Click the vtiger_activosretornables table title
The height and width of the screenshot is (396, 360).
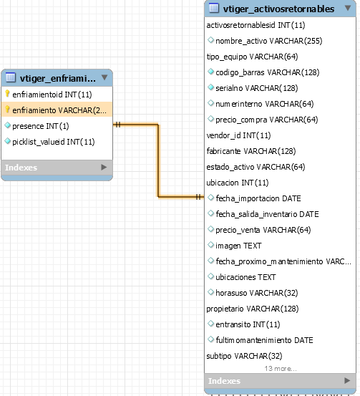(278, 9)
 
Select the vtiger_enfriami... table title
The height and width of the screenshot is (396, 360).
(58, 79)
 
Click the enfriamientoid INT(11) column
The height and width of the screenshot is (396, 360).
(52, 95)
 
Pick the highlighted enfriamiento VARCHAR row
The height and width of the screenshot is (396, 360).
(57, 110)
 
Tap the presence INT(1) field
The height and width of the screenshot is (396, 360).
(40, 126)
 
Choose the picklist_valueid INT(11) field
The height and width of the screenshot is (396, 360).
(53, 142)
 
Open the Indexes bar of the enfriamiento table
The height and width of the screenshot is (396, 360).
(57, 168)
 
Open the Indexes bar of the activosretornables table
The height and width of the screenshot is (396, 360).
(280, 381)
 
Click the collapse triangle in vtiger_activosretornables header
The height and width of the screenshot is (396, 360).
(348, 8)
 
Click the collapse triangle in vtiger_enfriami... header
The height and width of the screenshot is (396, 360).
(104, 77)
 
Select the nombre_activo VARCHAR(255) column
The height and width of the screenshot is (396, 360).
(268, 41)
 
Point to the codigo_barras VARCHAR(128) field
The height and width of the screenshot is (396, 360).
(268, 72)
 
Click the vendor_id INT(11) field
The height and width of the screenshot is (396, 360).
(238, 135)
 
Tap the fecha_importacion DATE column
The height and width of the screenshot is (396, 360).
(258, 198)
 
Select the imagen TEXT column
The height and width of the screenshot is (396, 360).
(238, 246)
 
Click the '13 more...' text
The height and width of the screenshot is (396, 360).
(281, 369)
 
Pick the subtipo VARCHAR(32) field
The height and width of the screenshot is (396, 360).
(244, 356)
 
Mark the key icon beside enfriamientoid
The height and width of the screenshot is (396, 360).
(7, 94)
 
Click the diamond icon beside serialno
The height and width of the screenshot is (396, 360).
(210, 87)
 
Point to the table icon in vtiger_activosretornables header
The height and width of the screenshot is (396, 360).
(214, 8)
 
